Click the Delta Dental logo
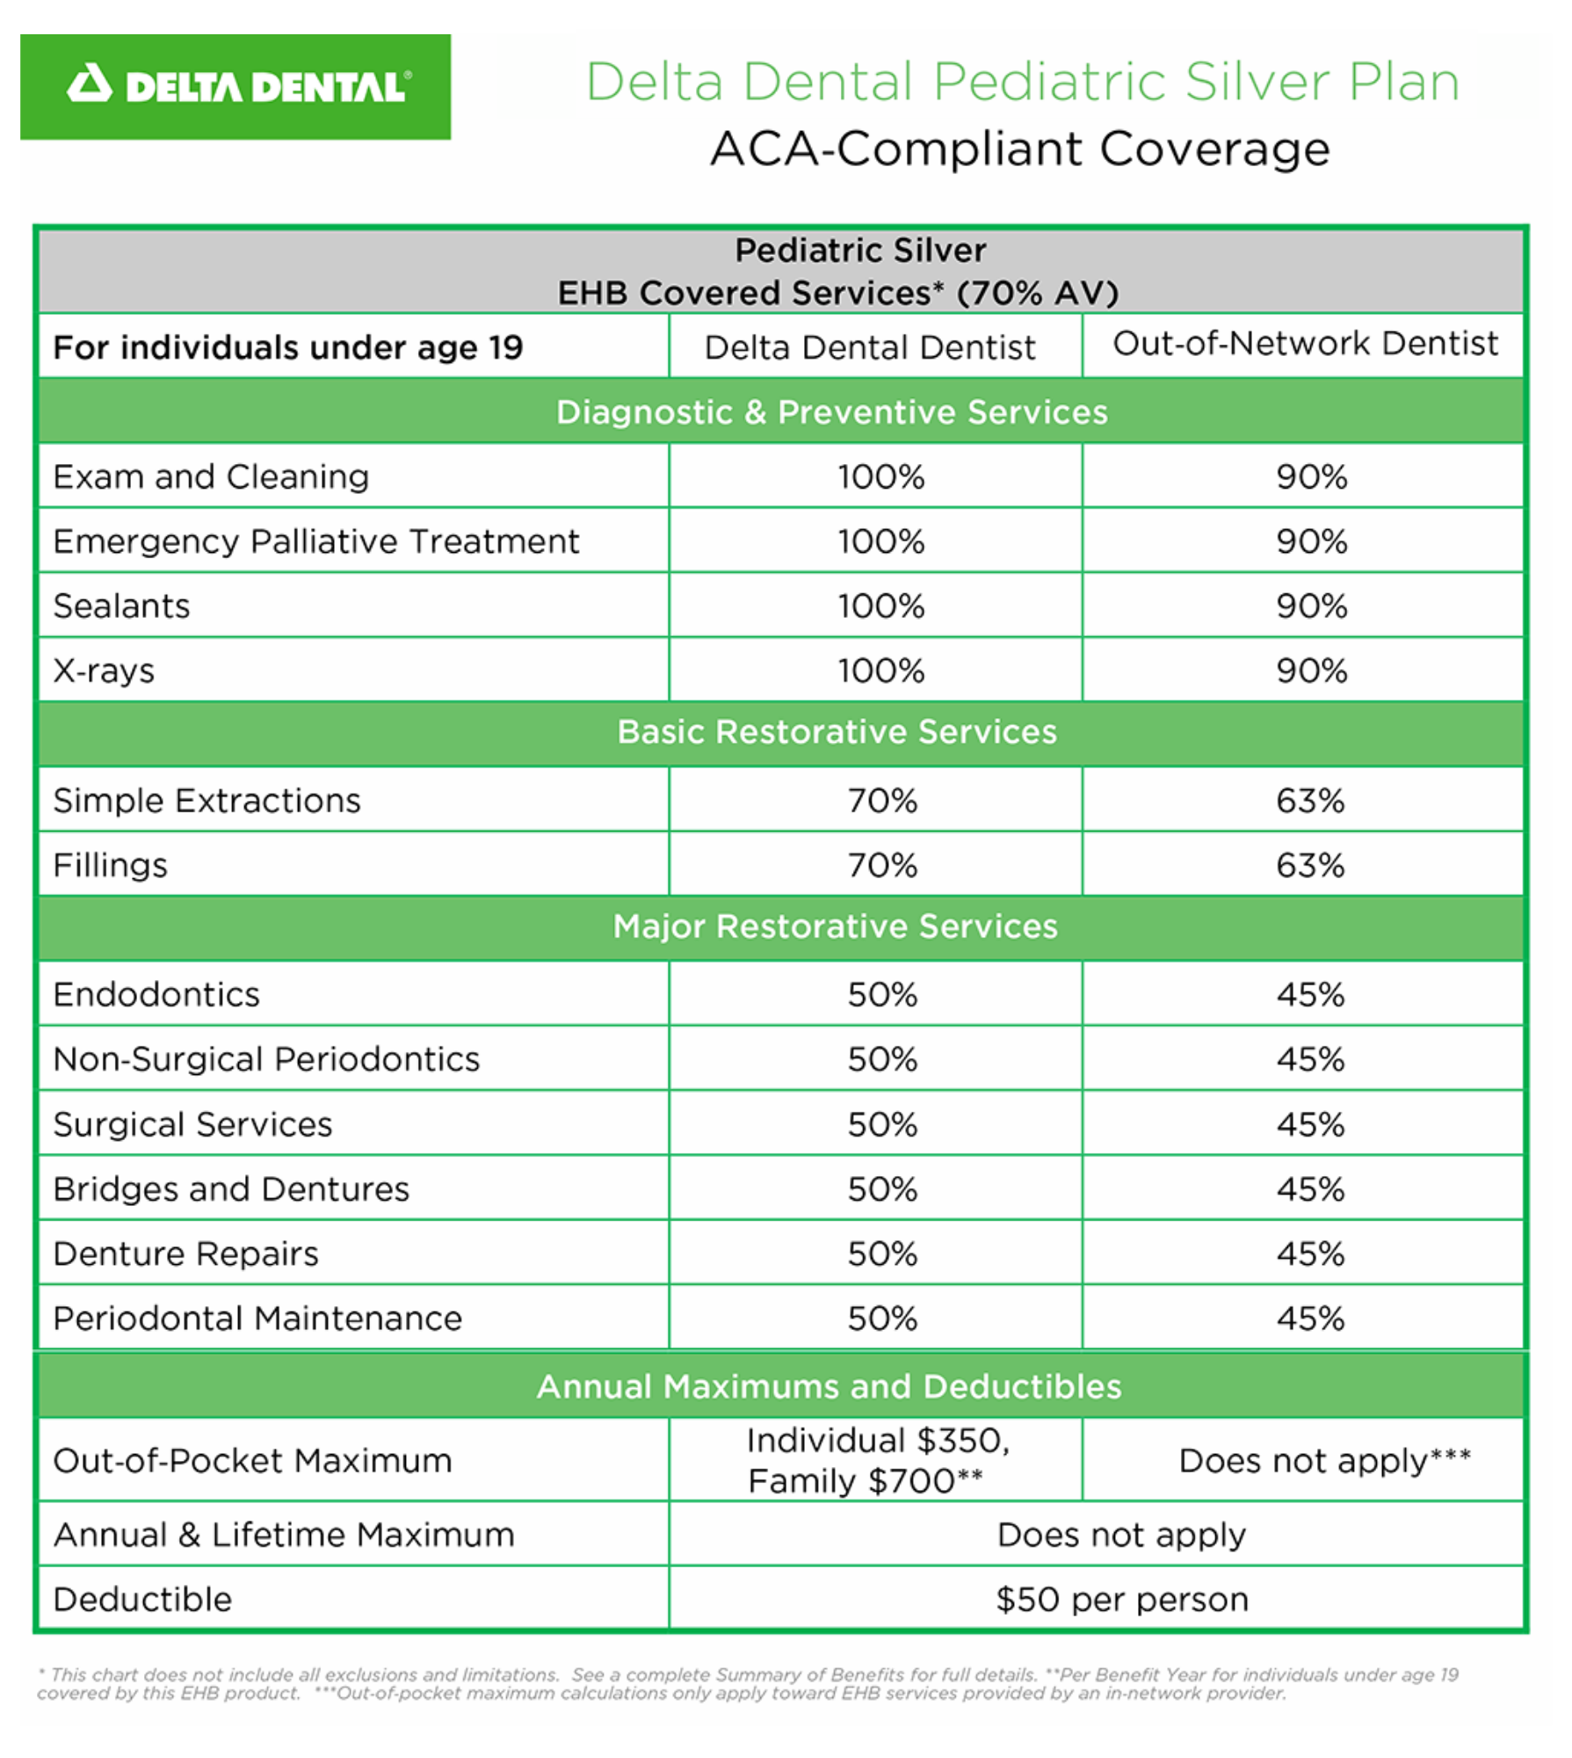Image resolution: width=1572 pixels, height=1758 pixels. point(235,87)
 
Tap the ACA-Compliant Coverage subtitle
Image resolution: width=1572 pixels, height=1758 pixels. point(1019,149)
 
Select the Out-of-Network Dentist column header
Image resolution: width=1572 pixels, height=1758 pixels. point(1305,344)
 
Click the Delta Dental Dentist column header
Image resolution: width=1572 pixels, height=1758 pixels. point(870,348)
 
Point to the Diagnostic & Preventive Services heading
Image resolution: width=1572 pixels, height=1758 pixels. point(831,412)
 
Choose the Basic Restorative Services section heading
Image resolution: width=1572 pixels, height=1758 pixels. point(837,731)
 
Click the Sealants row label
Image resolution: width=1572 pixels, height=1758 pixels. point(122,607)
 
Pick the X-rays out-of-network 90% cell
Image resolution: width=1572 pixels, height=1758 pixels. point(1311,672)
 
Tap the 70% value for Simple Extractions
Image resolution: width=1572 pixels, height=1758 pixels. point(881,801)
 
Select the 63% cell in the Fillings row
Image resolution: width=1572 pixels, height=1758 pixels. point(1310,866)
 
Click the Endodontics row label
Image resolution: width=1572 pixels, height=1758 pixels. point(156,995)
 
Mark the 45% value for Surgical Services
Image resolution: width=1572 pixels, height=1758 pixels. point(1310,1125)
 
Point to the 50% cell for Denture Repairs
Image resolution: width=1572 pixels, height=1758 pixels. point(881,1254)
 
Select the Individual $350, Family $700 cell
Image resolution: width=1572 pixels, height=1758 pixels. point(876,1461)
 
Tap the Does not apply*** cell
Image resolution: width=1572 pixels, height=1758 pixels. point(1323,1461)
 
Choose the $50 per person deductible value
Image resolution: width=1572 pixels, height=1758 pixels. point(1121,1600)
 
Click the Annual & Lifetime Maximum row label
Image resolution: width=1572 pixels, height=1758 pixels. point(284,1536)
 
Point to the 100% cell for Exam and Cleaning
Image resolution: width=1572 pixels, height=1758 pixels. point(880,477)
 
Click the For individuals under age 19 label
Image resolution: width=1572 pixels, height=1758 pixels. point(288,348)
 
